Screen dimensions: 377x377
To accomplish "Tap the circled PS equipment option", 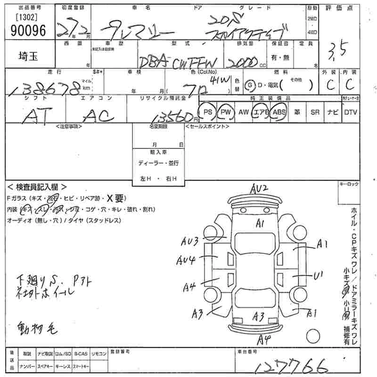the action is (x=207, y=112).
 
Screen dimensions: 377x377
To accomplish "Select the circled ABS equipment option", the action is (x=279, y=112).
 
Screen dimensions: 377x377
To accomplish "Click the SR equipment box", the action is (x=315, y=112).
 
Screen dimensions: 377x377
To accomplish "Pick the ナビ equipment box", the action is (x=333, y=112).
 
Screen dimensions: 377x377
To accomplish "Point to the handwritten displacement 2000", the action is (x=242, y=62).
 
